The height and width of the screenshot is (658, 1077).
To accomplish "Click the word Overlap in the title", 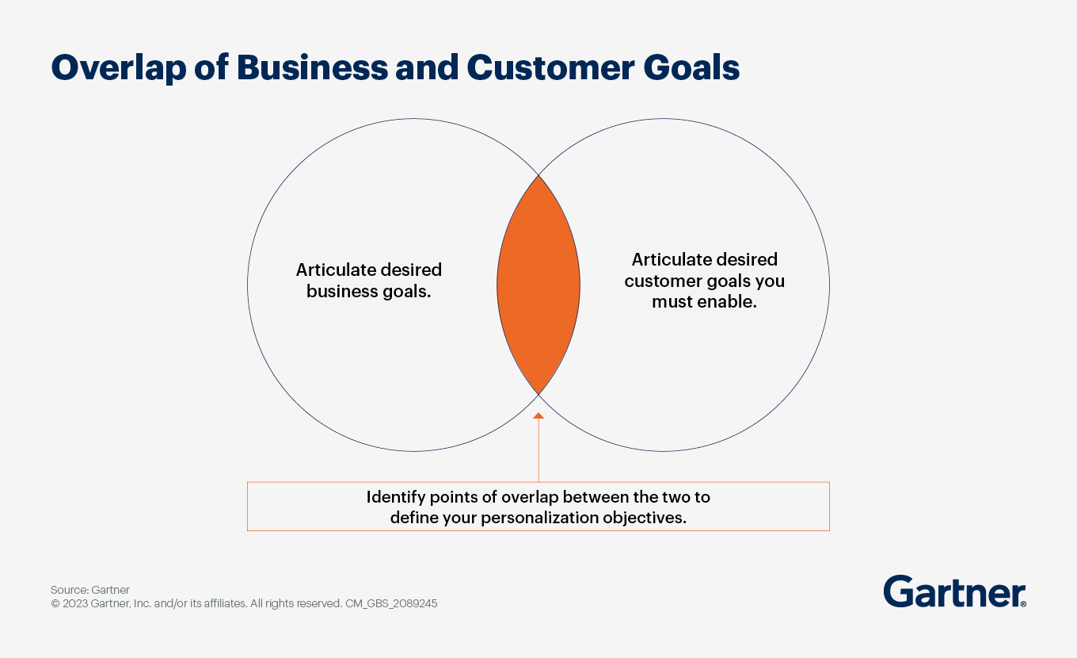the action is tap(119, 68).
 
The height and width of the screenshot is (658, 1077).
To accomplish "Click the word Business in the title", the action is tap(312, 67).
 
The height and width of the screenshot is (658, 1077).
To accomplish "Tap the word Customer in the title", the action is tap(550, 67).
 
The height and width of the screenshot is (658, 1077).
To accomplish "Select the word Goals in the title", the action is tap(691, 67).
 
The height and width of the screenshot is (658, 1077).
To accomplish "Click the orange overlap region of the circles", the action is tap(538, 285).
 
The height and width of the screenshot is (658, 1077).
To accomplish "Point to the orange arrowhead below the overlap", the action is tap(538, 415).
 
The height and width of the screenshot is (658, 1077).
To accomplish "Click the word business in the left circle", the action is tap(342, 291).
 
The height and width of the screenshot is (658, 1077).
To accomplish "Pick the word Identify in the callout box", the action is tap(395, 497).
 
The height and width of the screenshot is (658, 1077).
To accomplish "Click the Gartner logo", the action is tap(954, 591).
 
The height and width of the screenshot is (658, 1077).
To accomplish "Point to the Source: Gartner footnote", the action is tap(90, 590).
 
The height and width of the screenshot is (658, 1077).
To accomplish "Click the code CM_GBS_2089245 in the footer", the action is tap(391, 603).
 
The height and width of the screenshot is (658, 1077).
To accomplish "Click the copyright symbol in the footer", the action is tap(55, 603).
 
